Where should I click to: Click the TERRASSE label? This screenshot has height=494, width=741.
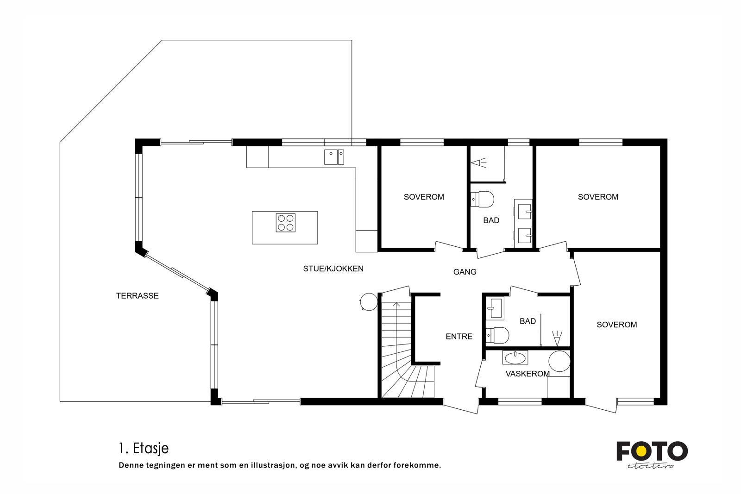[x=137, y=296]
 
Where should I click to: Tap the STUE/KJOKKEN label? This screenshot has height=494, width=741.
[x=333, y=269]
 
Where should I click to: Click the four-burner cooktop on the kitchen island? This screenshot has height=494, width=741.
[x=285, y=222]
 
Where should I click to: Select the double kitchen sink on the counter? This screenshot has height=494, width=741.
[x=334, y=157]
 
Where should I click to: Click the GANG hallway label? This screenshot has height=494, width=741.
[x=465, y=272]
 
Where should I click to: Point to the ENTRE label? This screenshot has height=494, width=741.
[x=459, y=337]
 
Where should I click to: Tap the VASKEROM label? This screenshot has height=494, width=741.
[x=527, y=374]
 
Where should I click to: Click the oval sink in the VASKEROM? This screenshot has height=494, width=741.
[x=515, y=357]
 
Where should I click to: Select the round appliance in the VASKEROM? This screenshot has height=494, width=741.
[x=559, y=362]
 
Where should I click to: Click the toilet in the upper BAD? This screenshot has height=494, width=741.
[x=483, y=200]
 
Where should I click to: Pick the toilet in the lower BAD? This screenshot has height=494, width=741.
[x=498, y=334]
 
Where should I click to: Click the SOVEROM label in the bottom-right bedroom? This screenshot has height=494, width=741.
[x=616, y=325]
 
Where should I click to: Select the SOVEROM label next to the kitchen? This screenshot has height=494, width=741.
[x=424, y=197]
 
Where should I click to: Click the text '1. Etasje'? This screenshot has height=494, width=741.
[x=143, y=448]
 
